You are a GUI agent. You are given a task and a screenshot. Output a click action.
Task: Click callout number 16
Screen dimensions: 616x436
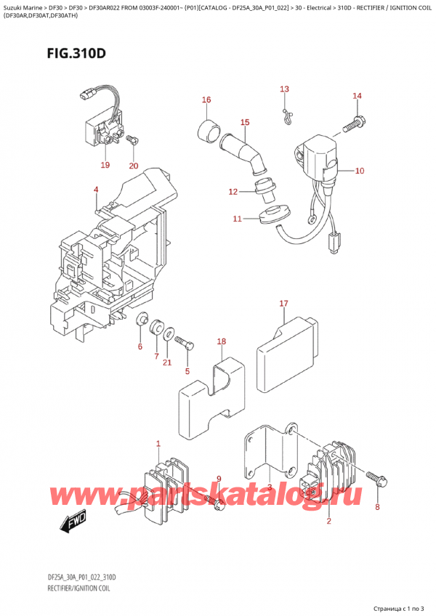(x=206, y=100)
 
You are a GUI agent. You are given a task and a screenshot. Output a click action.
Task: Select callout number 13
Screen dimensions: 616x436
(x=285, y=89)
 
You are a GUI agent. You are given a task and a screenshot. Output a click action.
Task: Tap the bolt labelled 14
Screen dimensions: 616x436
(x=351, y=124)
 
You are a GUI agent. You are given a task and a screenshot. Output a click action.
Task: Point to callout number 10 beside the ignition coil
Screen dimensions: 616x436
(x=360, y=171)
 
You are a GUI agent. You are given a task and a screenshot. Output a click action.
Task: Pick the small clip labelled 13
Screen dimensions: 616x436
(x=287, y=111)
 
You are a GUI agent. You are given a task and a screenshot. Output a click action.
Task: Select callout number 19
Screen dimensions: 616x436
(x=105, y=165)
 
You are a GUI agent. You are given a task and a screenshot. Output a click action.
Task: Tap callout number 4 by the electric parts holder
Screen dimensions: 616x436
(x=96, y=190)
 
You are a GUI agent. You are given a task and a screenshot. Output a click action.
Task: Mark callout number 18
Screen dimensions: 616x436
(x=222, y=341)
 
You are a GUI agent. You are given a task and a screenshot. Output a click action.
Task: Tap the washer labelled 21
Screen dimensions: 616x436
(x=169, y=335)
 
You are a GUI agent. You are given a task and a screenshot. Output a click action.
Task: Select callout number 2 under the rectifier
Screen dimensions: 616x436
(x=328, y=521)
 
